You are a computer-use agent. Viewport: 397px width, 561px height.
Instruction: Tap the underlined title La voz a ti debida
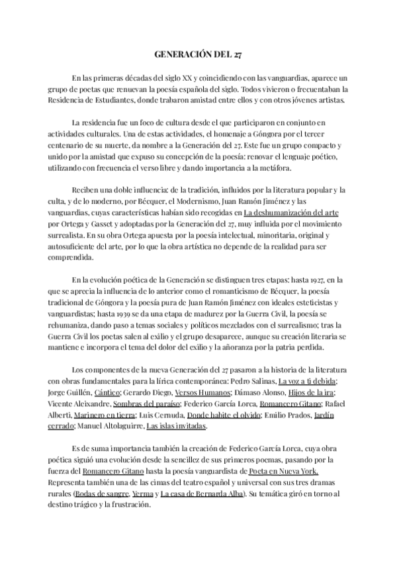coord(306,382)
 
